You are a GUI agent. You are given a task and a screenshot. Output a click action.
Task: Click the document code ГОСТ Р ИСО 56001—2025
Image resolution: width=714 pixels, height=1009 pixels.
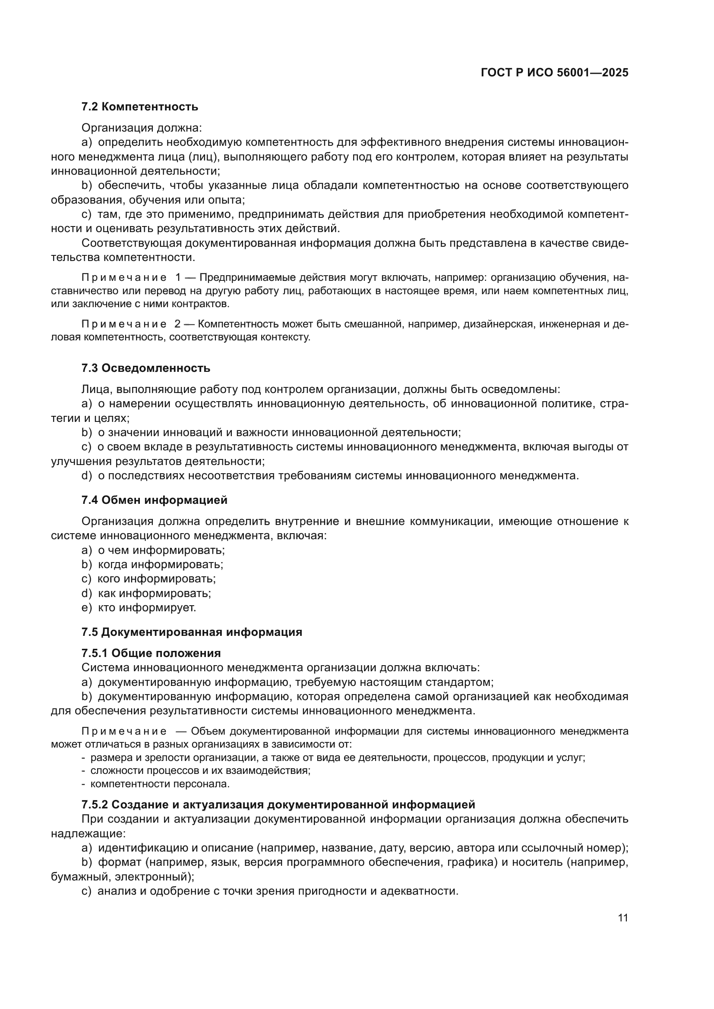[554, 72]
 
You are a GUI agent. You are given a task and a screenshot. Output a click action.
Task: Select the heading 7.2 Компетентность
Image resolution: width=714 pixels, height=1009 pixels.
[139, 107]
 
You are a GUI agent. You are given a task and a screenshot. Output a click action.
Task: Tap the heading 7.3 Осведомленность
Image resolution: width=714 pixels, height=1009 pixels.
[145, 368]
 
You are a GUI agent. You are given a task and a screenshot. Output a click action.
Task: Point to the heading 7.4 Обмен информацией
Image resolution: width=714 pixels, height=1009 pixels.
[154, 500]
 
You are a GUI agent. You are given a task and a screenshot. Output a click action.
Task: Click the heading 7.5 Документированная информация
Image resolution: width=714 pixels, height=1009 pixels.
[192, 632]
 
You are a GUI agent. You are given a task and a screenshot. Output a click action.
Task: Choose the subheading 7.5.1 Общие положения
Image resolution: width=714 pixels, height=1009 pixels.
[151, 653]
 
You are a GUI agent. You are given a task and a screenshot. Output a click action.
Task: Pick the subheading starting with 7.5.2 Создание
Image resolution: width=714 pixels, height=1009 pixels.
[278, 805]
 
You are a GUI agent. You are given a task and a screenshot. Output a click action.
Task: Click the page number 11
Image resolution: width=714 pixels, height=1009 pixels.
[622, 918]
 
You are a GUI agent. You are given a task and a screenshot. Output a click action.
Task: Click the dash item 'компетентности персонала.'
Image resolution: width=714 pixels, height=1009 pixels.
[160, 784]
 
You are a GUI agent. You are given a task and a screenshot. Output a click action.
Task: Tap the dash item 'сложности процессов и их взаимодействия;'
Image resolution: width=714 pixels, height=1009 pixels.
[200, 771]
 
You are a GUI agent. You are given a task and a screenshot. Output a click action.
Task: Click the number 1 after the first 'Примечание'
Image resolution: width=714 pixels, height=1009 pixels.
[178, 277]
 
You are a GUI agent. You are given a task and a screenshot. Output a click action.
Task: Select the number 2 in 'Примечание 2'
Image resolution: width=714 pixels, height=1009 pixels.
[177, 324]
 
